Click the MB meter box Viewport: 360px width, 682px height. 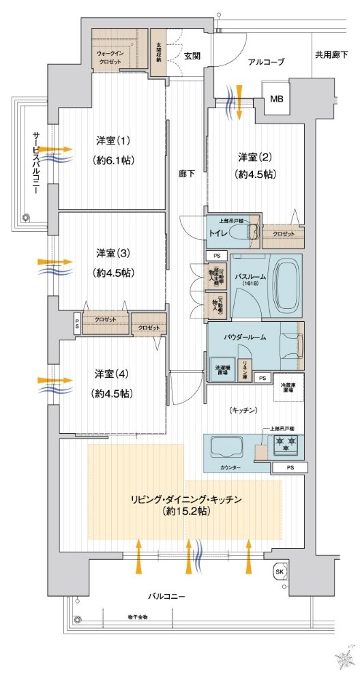[x=276, y=100]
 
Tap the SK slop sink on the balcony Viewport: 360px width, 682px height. [x=279, y=570]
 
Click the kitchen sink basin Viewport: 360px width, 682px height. [x=225, y=447]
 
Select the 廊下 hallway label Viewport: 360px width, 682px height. [x=187, y=173]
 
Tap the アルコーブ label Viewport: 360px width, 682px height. [x=266, y=62]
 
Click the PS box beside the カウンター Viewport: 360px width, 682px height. [x=290, y=468]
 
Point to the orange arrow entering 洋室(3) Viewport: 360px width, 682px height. [x=55, y=261]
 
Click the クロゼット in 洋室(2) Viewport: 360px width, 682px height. [x=283, y=234]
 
